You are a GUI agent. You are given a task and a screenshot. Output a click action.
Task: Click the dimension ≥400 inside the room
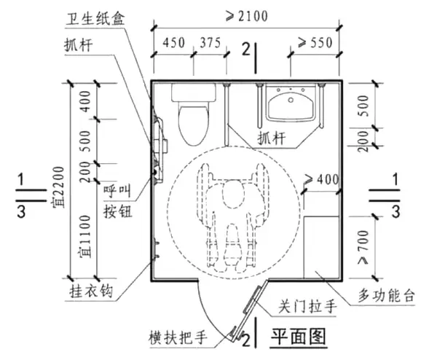click(320, 179)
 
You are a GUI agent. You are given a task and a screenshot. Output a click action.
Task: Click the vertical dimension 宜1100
click(87, 233)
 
